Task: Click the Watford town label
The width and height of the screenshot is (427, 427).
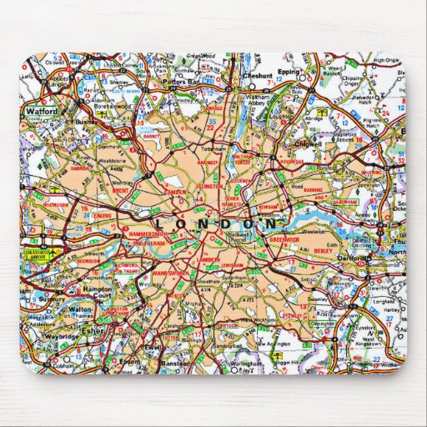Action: coord(42,110)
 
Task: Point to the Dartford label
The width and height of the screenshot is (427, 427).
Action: coord(355,259)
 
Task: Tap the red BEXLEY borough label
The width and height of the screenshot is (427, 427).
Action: coord(323,249)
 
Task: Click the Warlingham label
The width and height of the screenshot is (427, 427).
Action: coord(241,362)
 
